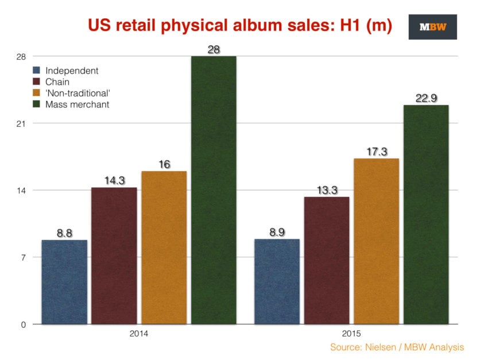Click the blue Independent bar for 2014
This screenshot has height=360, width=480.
click(64, 282)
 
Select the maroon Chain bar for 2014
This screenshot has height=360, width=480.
click(114, 256)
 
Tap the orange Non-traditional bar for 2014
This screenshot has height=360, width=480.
click(164, 247)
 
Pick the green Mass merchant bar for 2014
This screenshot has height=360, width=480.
click(214, 190)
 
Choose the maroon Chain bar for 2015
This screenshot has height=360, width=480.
click(326, 261)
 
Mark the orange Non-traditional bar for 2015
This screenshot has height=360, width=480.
click(376, 241)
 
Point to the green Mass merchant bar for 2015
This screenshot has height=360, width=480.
click(426, 215)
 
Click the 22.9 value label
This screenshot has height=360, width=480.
click(426, 98)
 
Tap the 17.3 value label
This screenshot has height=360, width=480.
click(376, 152)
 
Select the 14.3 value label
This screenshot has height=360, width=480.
click(114, 180)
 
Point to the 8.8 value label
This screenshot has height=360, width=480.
click(64, 233)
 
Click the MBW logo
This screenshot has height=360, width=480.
click(432, 27)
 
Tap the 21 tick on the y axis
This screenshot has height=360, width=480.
click(21, 123)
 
